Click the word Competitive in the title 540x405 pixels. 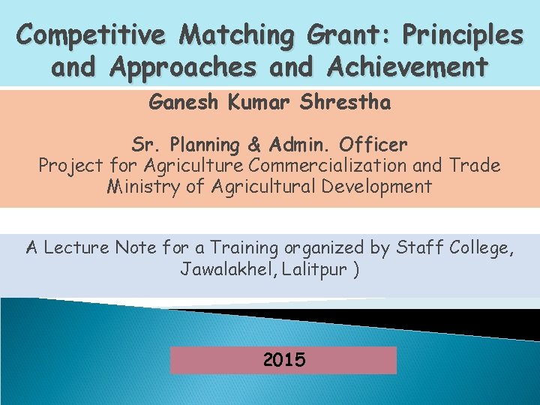(92, 34)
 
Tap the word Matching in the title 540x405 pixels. (238, 34)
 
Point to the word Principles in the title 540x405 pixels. (462, 34)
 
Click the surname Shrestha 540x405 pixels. (344, 102)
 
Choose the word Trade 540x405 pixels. (475, 165)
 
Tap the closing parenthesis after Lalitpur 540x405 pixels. (355, 268)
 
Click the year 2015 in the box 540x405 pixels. (283, 360)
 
